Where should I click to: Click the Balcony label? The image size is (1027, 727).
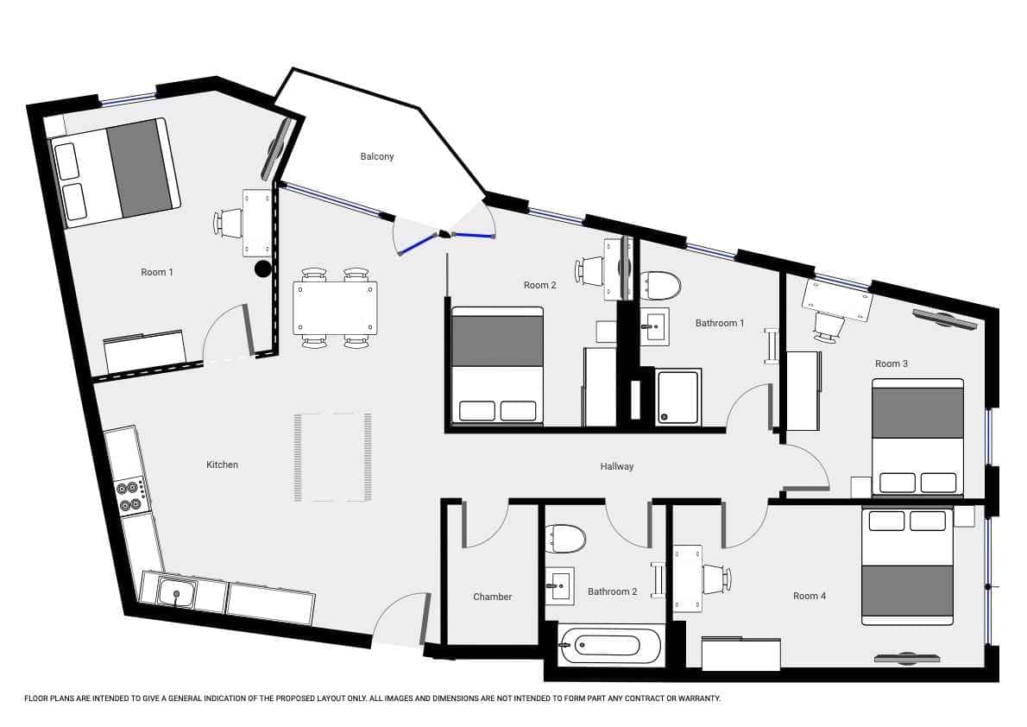(376, 156)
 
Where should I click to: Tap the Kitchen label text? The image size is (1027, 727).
(222, 465)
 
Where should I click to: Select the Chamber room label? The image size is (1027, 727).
(493, 597)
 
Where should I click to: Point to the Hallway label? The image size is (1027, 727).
(617, 467)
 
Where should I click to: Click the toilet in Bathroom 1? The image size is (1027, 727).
(660, 285)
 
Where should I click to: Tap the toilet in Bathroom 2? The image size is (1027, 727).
(565, 538)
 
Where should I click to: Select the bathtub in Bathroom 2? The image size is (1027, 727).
(609, 645)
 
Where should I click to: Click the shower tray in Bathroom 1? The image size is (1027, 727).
(679, 396)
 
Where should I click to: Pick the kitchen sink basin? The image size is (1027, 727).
(177, 593)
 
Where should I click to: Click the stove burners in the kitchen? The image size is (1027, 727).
(129, 495)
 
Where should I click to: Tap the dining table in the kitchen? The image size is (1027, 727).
(336, 307)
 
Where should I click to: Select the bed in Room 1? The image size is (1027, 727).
(116, 173)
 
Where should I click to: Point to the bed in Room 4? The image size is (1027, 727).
(907, 565)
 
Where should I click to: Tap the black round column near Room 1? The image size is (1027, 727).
(262, 269)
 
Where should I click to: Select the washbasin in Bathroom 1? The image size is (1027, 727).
(654, 326)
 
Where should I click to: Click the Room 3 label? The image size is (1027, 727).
(892, 363)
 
